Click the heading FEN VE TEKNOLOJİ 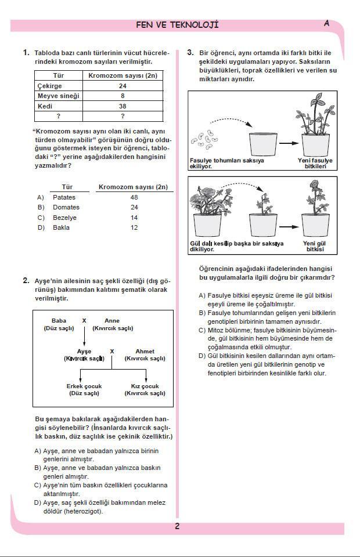(177, 25)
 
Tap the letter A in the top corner (326, 23)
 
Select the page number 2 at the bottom (177, 527)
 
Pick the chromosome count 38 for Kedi (123, 106)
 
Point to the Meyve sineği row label (58, 96)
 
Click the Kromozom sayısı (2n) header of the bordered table (123, 75)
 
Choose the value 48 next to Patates (134, 197)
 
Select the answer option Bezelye (64, 218)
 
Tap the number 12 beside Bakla (134, 227)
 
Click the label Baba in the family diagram (59, 320)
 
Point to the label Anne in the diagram (112, 320)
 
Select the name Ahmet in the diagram (145, 351)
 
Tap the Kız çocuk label (145, 386)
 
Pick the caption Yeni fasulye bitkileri (315, 163)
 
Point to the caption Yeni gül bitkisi (315, 247)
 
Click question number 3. (190, 52)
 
